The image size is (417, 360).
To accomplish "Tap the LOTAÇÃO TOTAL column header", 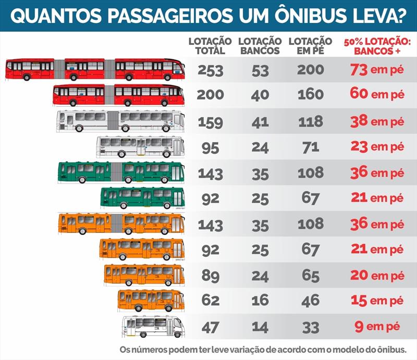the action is (210, 46).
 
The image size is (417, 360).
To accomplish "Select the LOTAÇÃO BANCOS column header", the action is (260, 46).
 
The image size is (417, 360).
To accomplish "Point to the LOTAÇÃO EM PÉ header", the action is (310, 46).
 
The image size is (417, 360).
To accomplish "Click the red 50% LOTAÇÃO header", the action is (377, 46).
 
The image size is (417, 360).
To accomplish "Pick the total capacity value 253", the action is (211, 71).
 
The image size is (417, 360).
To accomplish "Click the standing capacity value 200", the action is (310, 70).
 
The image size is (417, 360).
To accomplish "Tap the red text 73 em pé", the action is (377, 70).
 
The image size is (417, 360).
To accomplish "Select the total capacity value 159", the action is (211, 122).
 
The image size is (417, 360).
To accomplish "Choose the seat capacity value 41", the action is (260, 122).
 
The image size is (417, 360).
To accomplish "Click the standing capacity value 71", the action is (311, 148).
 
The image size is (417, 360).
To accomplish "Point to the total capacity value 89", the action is (211, 276).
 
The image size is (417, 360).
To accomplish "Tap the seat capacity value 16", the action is (260, 301).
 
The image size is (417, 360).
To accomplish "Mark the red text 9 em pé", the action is (377, 326).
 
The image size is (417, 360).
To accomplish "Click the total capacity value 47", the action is (211, 328).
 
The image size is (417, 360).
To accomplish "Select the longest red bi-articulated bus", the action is (95, 69).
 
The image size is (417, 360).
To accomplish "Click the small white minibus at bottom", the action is (153, 327).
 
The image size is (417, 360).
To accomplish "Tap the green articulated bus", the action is (121, 172).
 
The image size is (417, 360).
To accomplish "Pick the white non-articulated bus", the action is (140, 147).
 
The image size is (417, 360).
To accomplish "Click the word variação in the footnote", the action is (244, 350).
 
